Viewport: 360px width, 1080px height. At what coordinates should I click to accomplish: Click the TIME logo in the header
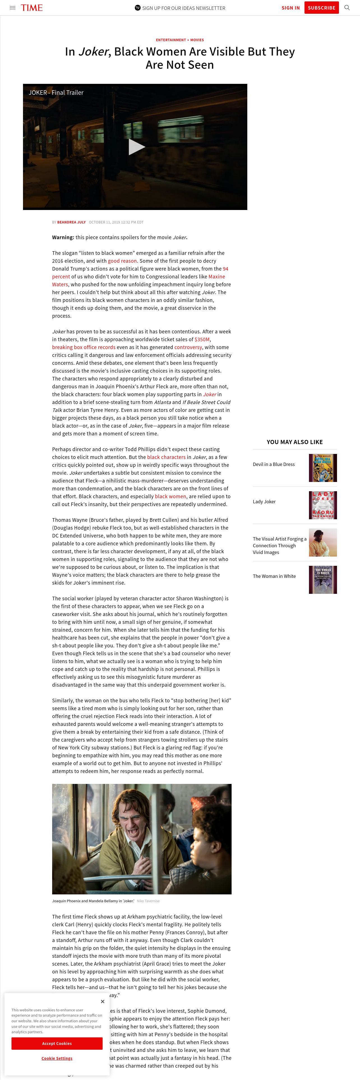32,8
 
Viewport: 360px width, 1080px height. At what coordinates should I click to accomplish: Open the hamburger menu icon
13,8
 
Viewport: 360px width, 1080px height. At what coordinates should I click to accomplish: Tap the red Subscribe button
321,8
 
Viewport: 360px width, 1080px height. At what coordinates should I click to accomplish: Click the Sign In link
290,8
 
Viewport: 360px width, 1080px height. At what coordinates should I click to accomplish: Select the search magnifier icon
347,8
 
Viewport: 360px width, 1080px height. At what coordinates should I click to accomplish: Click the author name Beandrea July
71,222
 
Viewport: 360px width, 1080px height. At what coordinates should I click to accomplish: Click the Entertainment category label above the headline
170,40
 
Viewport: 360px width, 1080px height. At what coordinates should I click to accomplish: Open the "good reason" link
122,261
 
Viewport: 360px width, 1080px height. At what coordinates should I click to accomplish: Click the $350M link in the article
202,339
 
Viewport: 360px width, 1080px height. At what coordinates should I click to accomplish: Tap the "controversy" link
188,347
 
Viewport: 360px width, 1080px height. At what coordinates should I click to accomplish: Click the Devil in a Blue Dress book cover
323,468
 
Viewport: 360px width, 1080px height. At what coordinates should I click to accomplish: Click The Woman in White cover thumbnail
323,580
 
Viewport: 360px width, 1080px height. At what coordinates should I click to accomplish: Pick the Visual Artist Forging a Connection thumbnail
323,543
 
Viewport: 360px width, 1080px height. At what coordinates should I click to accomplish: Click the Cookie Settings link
57,1058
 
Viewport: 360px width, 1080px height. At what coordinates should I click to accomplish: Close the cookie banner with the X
102,1001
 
